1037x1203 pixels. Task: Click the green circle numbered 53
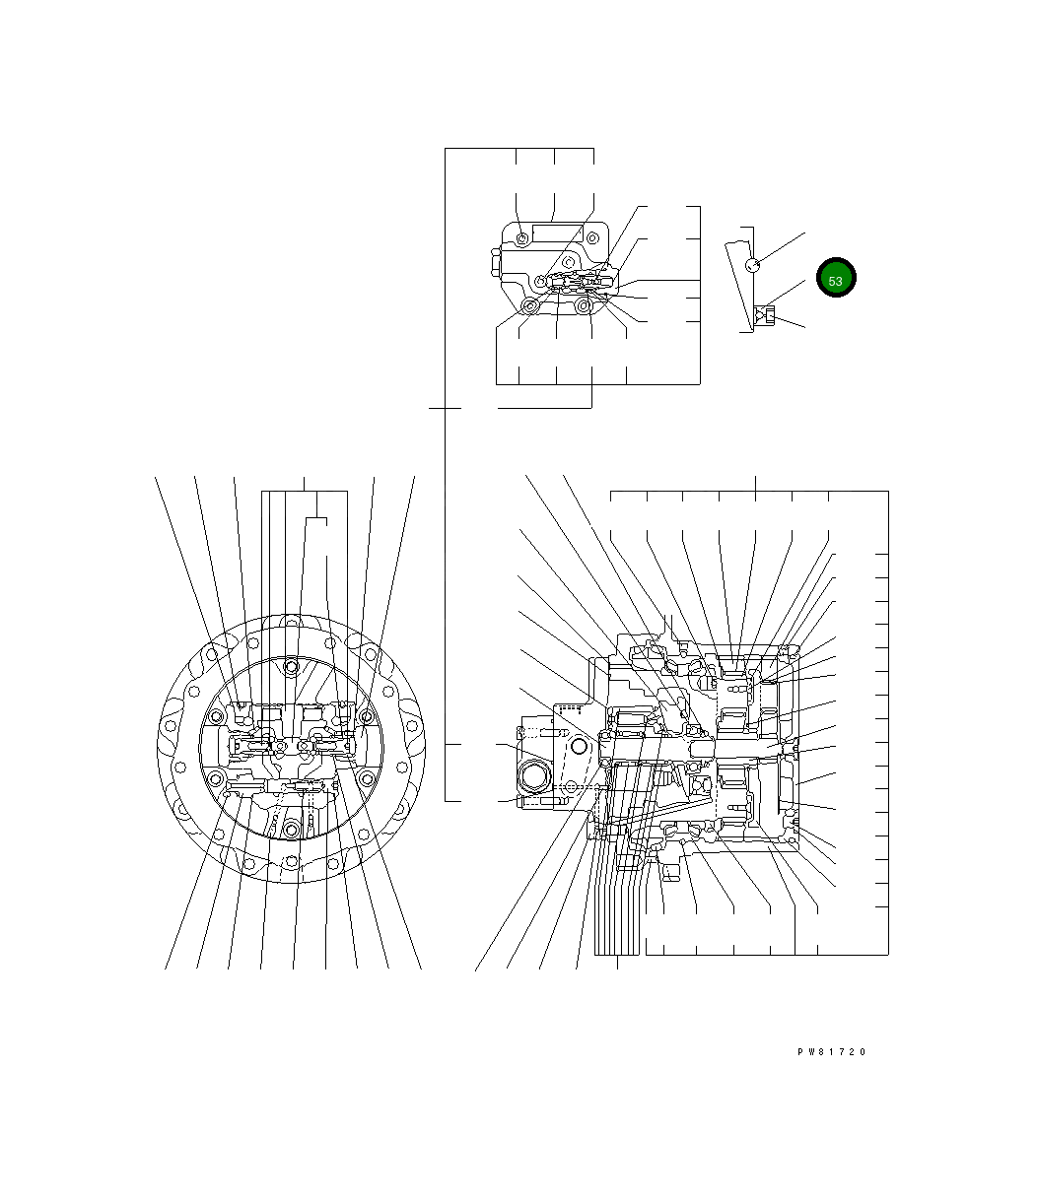click(836, 277)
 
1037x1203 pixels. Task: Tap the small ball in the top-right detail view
click(752, 265)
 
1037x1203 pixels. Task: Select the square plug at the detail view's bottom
click(769, 315)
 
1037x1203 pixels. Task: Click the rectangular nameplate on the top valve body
click(557, 234)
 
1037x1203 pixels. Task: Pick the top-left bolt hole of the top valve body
click(522, 238)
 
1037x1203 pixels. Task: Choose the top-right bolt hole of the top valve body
click(592, 238)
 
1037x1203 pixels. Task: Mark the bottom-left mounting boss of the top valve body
click(529, 306)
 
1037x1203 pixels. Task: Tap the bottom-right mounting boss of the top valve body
click(583, 305)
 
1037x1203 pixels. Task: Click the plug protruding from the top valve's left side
click(496, 262)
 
